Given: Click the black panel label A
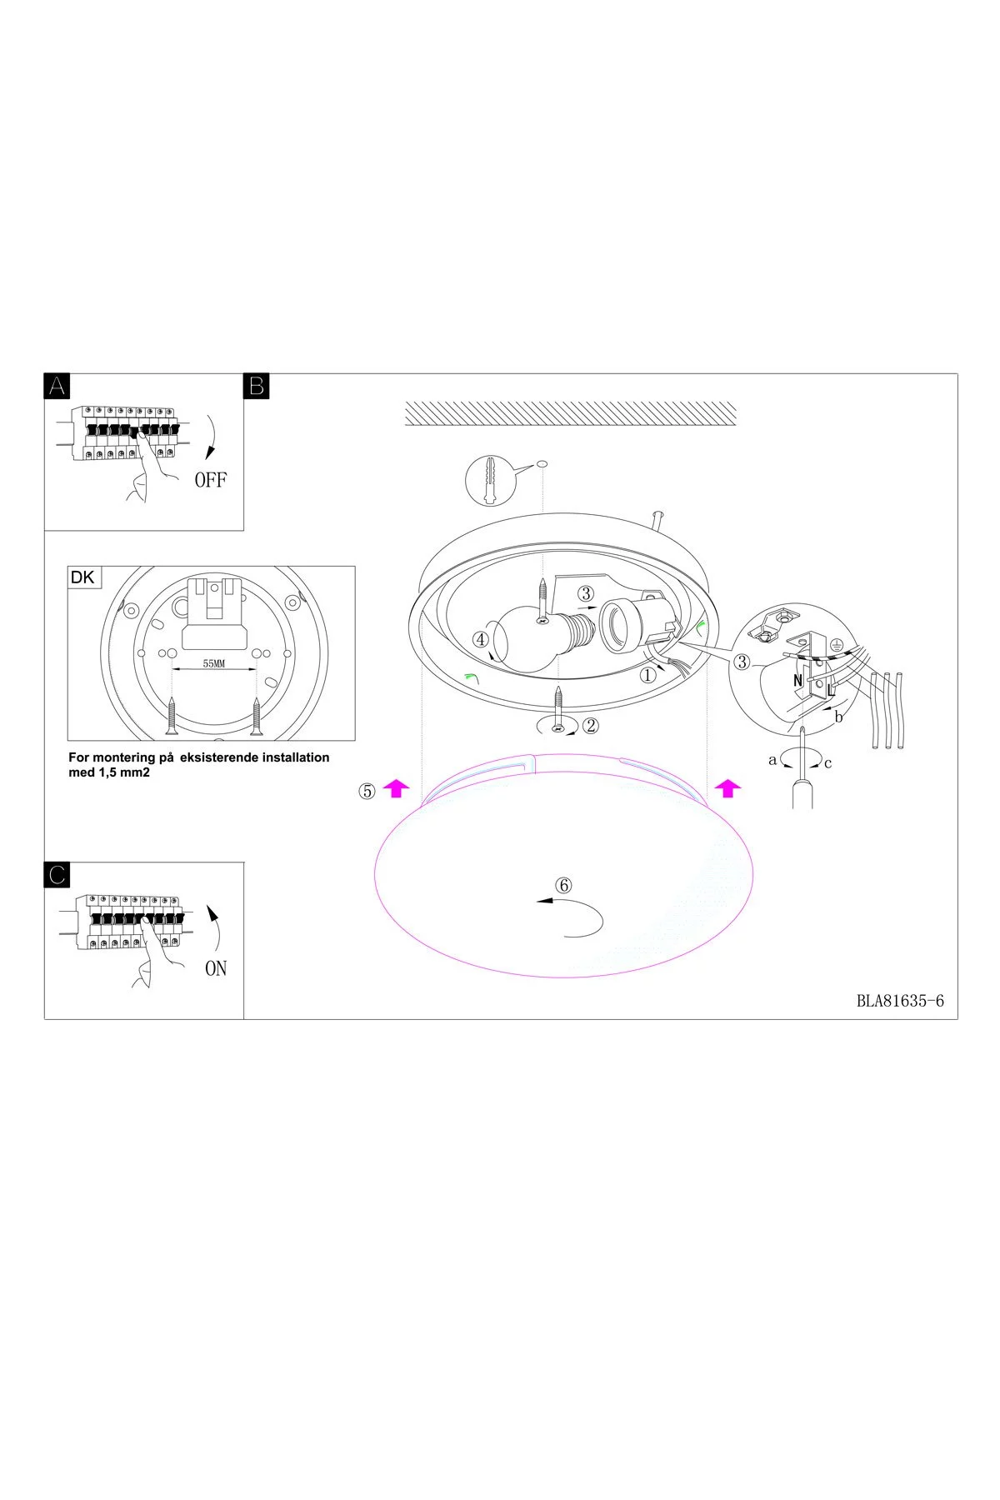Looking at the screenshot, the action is [57, 385].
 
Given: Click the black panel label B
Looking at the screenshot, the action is [256, 385].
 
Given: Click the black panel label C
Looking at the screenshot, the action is [57, 874].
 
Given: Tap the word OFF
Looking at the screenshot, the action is [210, 480].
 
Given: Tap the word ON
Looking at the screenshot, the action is [215, 969].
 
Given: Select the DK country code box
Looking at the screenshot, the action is [83, 577].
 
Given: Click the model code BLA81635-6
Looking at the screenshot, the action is [900, 1001].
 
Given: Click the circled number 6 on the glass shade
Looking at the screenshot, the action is [563, 885].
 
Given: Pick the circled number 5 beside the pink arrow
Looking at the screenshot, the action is [367, 791].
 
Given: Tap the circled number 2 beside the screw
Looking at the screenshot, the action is [590, 725].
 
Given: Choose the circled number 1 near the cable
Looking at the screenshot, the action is [647, 676].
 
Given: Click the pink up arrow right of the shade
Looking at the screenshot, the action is [728, 787].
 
